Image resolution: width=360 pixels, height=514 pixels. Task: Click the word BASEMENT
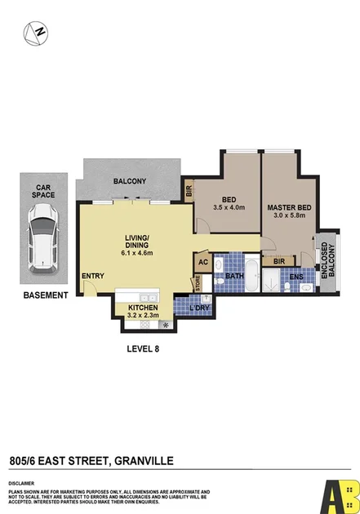click(x=45, y=295)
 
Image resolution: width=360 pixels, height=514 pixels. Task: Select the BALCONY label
click(x=129, y=181)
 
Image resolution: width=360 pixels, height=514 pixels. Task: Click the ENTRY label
click(x=92, y=276)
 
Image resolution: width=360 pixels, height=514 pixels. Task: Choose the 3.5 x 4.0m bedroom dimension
click(x=228, y=207)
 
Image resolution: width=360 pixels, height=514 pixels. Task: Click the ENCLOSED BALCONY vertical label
click(x=327, y=260)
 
